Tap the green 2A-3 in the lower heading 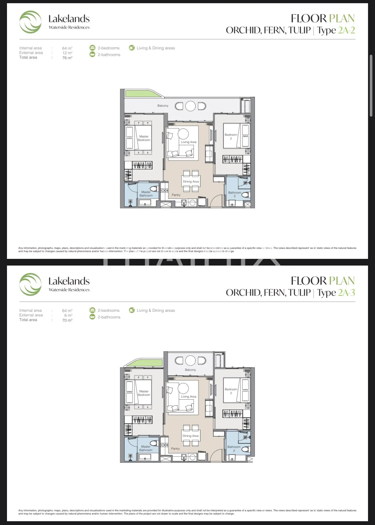pos(346,292)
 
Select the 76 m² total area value pos(67,58)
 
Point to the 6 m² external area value pos(68,315)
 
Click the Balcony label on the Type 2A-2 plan pos(163,106)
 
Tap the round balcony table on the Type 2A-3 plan pos(190,361)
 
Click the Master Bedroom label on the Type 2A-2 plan pos(144,138)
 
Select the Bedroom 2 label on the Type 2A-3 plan pos(231,391)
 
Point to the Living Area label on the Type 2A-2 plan pos(189,142)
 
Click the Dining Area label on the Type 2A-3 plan pos(191,436)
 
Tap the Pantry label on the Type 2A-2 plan pos(176,195)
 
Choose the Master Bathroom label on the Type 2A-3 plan pos(146,448)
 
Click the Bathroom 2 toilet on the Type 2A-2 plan pos(246,195)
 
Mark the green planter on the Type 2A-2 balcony pos(143,94)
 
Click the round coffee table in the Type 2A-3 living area pos(183,388)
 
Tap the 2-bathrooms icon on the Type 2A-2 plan pos(92,55)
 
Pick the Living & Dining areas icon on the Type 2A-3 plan pos(132,310)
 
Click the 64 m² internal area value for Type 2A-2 pos(67,48)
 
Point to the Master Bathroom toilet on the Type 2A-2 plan pos(154,189)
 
